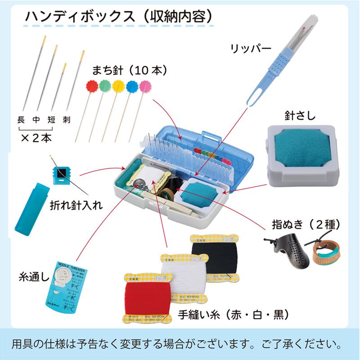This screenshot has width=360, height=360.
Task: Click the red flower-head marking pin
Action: tap(92, 85)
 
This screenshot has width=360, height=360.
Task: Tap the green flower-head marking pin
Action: tap(105, 85)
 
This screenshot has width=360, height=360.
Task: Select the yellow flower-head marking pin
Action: tap(118, 85)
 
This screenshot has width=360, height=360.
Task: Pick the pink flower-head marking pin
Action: tap(145, 85)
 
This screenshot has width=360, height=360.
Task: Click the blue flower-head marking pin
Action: tap(132, 85)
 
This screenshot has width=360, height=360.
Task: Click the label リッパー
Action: tap(249, 47)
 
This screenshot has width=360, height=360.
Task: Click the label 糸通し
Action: tap(34, 275)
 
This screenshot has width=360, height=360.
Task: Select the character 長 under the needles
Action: tap(20, 120)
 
